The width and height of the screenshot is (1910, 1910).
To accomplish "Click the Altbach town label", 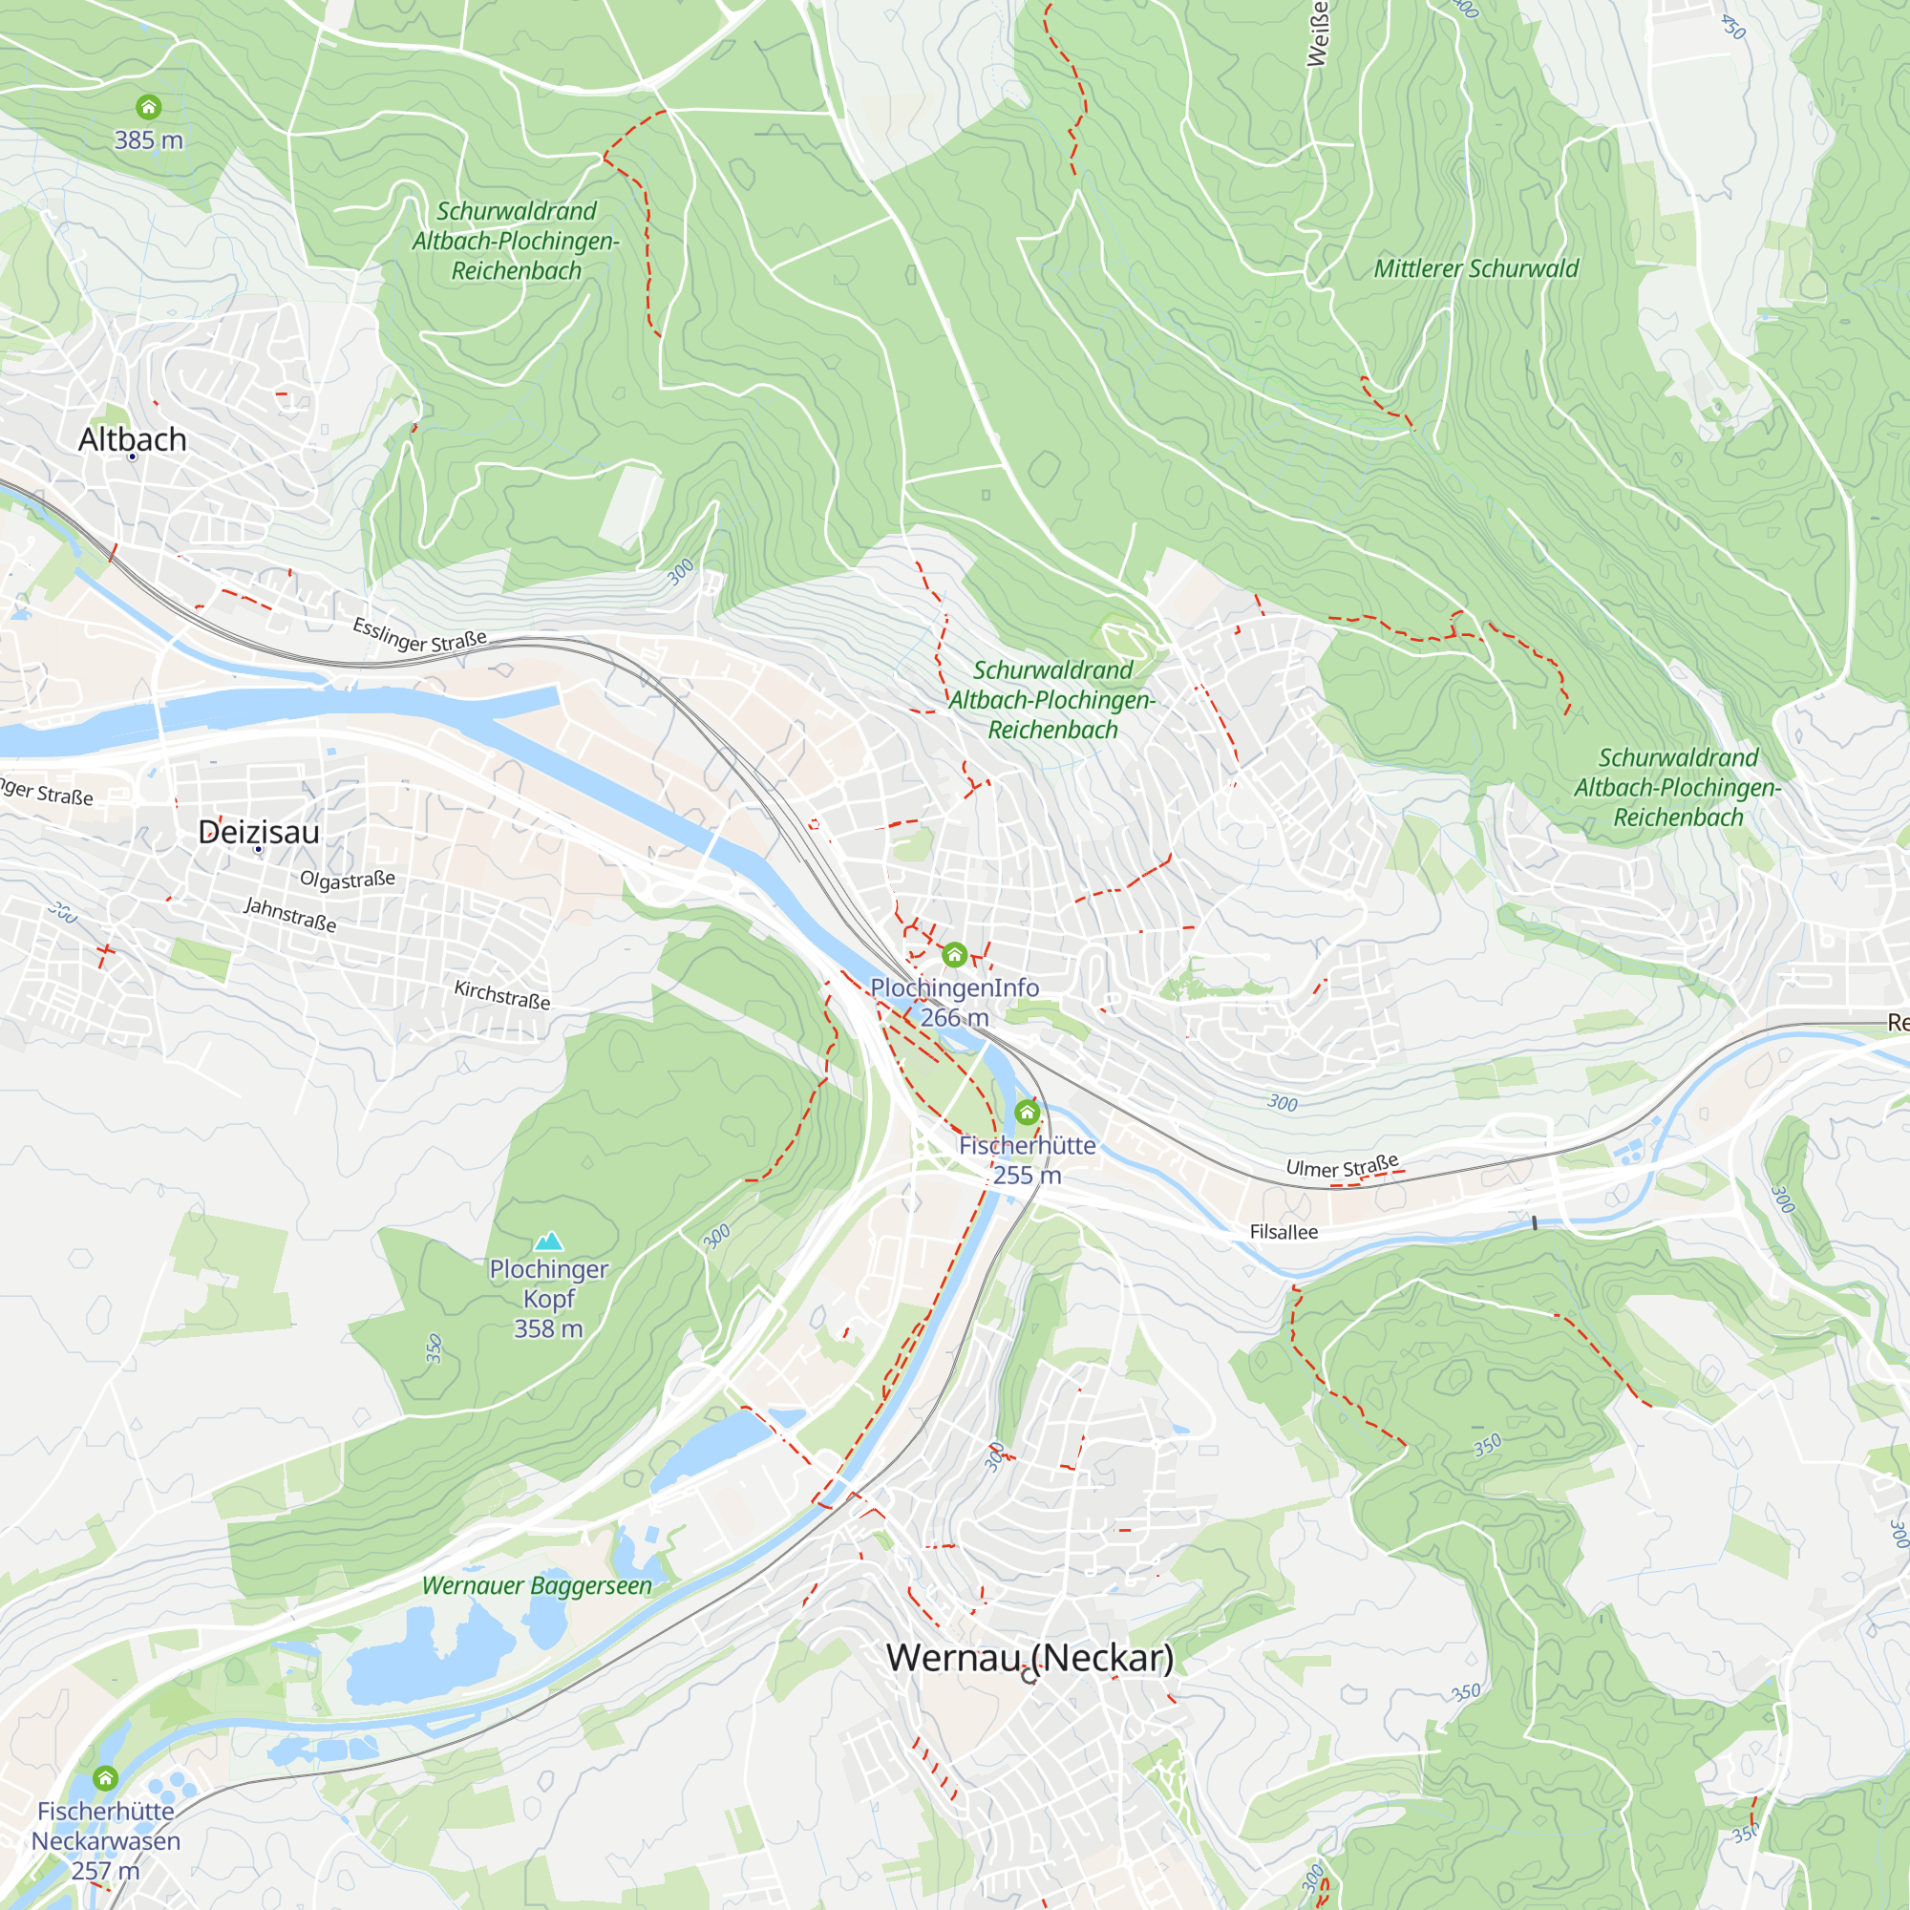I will tap(133, 439).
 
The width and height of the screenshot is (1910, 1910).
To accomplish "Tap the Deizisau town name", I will tap(259, 832).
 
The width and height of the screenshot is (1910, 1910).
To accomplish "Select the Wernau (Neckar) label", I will tap(1029, 1658).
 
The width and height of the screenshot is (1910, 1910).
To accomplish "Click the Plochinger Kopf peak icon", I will tap(549, 1241).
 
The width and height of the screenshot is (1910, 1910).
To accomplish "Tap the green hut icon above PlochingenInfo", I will tap(954, 955).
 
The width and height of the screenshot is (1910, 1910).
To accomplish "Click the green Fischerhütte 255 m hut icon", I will tap(1028, 1114).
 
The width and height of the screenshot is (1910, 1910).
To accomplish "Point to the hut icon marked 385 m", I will tap(148, 107).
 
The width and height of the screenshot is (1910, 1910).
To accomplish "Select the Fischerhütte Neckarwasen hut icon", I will tap(106, 1778).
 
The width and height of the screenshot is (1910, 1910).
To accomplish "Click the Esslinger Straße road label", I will tap(420, 635).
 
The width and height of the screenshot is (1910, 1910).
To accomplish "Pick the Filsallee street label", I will tap(1284, 1232).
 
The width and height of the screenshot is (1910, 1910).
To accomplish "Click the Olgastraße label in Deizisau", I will tap(347, 879).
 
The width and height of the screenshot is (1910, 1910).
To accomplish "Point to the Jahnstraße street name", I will tap(290, 915).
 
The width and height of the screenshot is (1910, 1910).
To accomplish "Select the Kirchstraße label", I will tap(502, 994).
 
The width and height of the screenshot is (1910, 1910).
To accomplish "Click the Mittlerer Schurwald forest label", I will tap(1476, 269).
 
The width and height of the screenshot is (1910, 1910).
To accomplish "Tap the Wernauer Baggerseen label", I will tap(537, 1585).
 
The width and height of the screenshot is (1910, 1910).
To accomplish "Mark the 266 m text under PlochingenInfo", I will tap(954, 1017).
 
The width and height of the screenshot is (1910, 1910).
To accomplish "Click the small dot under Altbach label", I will tap(133, 456).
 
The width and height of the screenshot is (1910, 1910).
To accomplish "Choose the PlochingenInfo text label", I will tap(954, 987).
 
